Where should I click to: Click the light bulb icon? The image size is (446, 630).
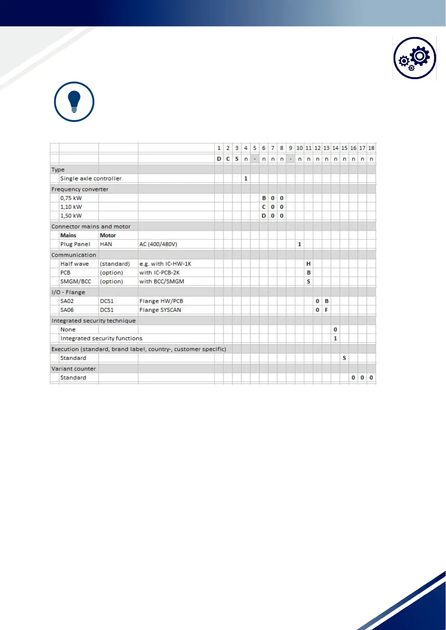point(74,102)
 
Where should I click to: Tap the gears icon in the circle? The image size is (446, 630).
point(415,58)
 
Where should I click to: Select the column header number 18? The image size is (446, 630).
point(371,148)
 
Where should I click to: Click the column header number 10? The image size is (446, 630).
point(300,148)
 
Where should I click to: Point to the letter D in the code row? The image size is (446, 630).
point(219,159)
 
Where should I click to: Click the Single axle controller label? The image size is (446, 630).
point(91,178)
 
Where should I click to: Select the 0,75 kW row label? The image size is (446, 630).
point(71,198)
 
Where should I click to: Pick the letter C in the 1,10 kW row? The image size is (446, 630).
point(264,207)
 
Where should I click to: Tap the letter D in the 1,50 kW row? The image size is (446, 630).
point(264,216)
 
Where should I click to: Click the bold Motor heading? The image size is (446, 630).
point(108,235)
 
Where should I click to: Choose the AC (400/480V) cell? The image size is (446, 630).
point(158,244)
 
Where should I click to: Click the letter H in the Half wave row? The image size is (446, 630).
point(309,264)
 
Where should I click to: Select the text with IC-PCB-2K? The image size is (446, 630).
point(160,273)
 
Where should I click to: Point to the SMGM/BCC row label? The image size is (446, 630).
point(76,282)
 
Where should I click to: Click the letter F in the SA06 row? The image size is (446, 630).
point(327,310)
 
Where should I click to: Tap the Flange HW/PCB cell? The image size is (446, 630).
point(161,301)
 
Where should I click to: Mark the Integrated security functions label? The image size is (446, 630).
point(101,339)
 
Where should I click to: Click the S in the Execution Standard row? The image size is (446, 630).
point(344,358)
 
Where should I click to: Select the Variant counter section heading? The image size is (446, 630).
point(74,369)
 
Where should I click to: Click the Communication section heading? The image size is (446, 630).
point(74,255)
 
